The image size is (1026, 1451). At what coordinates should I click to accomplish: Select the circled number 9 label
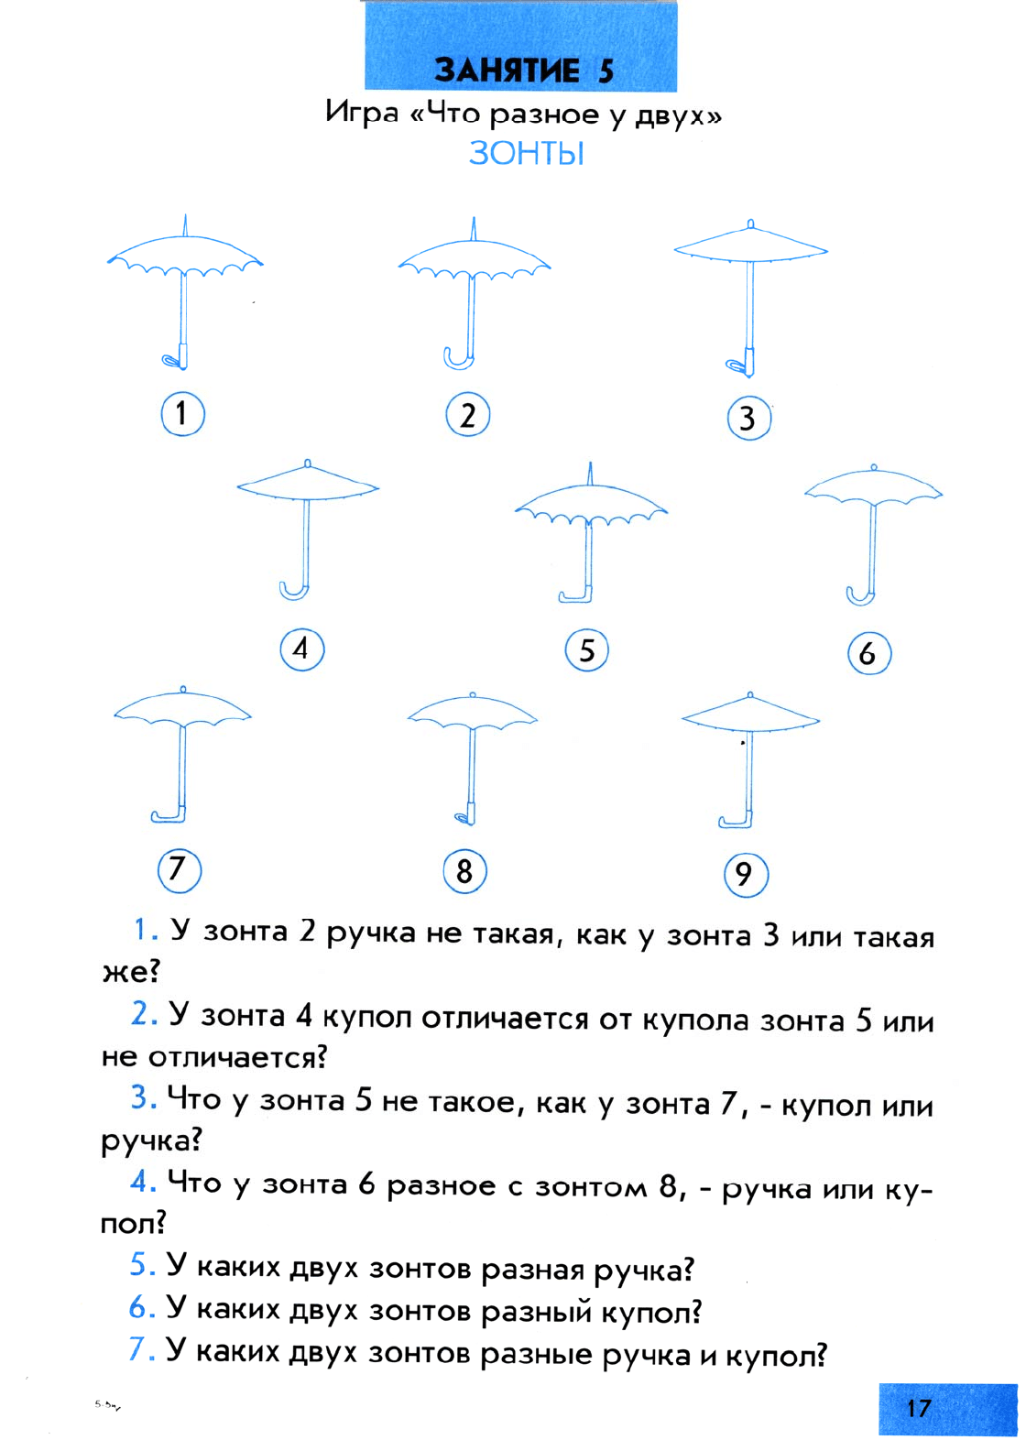[747, 875]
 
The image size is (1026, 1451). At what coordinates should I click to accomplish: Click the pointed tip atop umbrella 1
[185, 225]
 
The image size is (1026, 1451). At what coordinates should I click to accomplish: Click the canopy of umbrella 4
[308, 484]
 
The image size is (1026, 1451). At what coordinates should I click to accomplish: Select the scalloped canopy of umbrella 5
[590, 506]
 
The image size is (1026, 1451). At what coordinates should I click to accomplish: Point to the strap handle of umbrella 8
[465, 817]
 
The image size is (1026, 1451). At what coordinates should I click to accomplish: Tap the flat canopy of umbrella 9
[750, 716]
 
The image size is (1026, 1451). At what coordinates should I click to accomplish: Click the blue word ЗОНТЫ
[527, 154]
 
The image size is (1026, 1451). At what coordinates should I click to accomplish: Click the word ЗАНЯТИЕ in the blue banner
[507, 70]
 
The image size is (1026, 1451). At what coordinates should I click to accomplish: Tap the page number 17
[919, 1408]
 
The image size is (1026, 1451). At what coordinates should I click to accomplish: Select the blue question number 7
[139, 1350]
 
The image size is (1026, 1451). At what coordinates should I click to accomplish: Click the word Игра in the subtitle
[362, 113]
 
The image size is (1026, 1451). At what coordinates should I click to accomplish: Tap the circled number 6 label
[869, 653]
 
